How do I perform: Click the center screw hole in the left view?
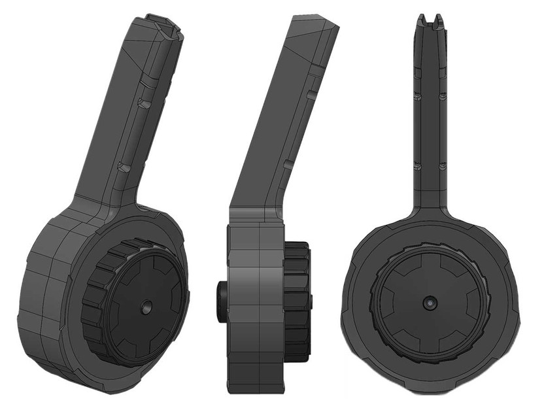tap(145, 305)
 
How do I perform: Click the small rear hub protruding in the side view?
tap(220, 301)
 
